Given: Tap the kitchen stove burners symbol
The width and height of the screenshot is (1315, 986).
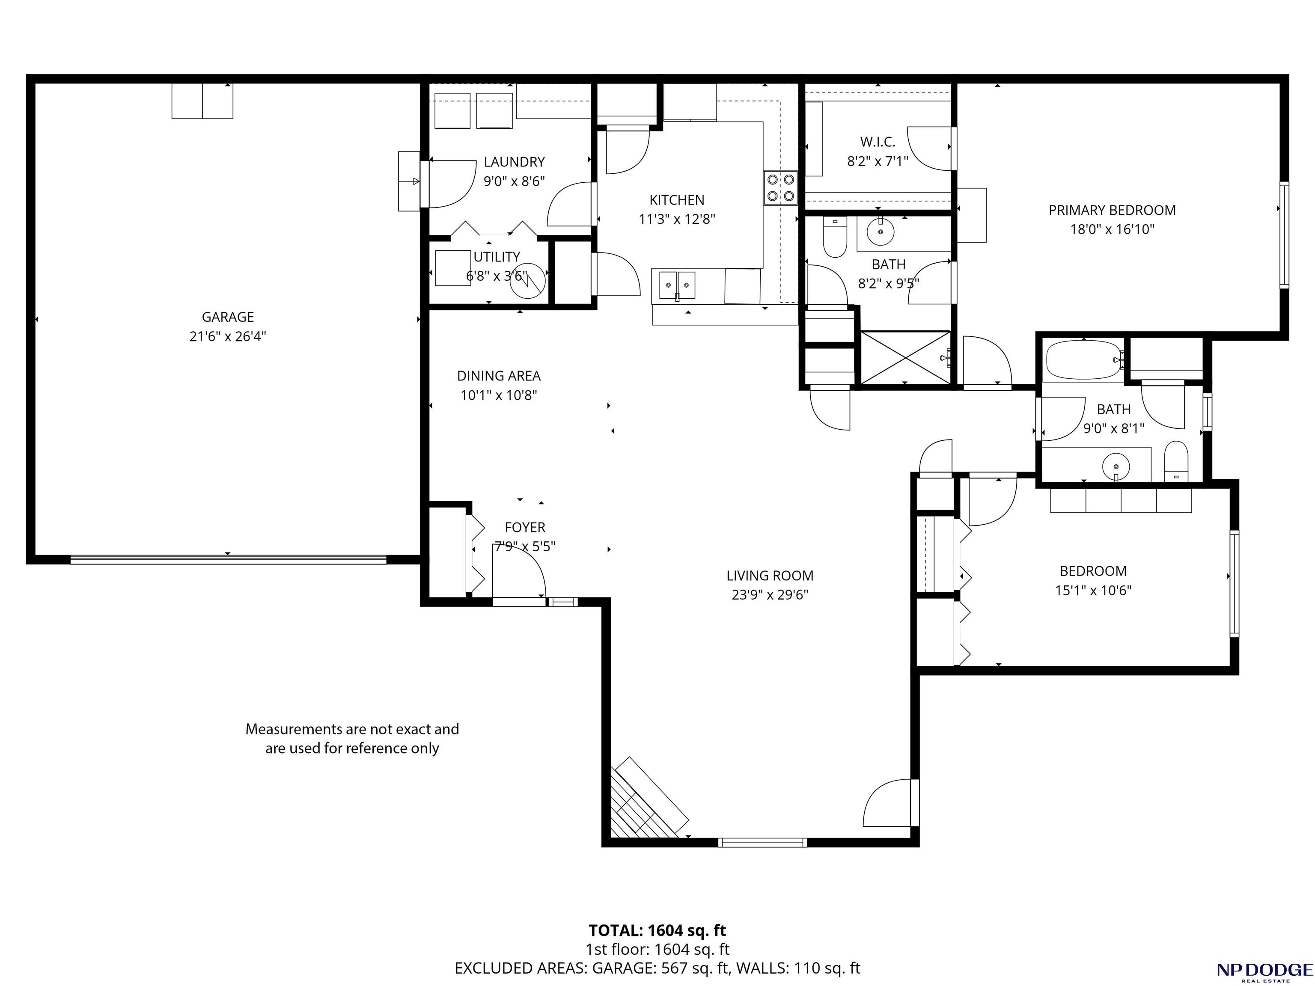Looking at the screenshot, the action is (780, 187).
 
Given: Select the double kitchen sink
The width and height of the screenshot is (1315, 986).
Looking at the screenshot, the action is (677, 285).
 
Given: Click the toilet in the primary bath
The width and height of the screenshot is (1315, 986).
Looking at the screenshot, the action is (835, 237).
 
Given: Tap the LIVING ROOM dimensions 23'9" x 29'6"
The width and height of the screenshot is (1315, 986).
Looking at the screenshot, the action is (770, 595).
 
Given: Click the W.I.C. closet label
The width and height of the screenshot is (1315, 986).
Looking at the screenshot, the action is (878, 142).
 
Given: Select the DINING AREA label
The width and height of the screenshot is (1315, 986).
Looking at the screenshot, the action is (499, 376).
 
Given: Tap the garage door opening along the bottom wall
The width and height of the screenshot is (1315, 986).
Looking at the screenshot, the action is (228, 559).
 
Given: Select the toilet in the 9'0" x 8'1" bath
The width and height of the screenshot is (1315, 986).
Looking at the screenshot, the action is (1176, 461).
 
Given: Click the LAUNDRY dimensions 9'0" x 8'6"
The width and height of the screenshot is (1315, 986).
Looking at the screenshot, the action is (514, 181).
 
